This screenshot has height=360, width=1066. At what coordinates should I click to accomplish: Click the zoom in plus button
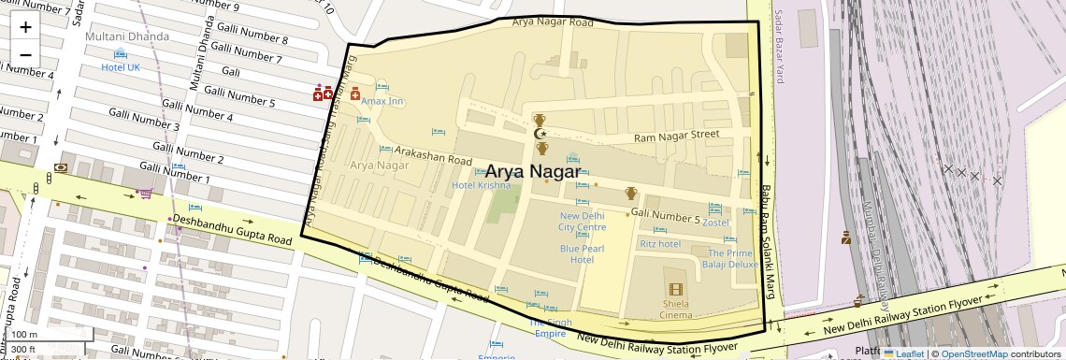[x=25, y=26]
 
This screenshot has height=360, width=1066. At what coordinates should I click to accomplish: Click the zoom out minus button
[x=25, y=54]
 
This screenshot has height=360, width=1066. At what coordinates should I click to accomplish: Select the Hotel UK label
[x=120, y=67]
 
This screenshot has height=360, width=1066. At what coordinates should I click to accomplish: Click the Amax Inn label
[x=382, y=101]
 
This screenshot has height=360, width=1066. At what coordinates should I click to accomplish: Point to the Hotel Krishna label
[x=482, y=185]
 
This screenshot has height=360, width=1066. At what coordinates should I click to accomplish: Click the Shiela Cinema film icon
[x=675, y=289]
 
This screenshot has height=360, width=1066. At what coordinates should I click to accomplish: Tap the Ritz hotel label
[x=659, y=243]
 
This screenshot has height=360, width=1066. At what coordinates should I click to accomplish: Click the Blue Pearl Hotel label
[x=583, y=253]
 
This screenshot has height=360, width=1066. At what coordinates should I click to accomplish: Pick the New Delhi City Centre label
[x=583, y=221]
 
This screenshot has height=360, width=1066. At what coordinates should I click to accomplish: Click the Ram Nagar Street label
[x=676, y=136]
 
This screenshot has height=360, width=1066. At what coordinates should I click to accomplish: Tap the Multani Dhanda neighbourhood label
[x=127, y=36]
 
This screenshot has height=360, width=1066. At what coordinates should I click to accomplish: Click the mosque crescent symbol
[x=540, y=134]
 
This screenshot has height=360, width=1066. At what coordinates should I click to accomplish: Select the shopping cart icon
[x=145, y=194]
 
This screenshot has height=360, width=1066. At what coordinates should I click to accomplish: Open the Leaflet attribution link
[x=903, y=353]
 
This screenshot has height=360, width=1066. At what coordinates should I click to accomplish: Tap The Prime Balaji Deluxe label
[x=732, y=259]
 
